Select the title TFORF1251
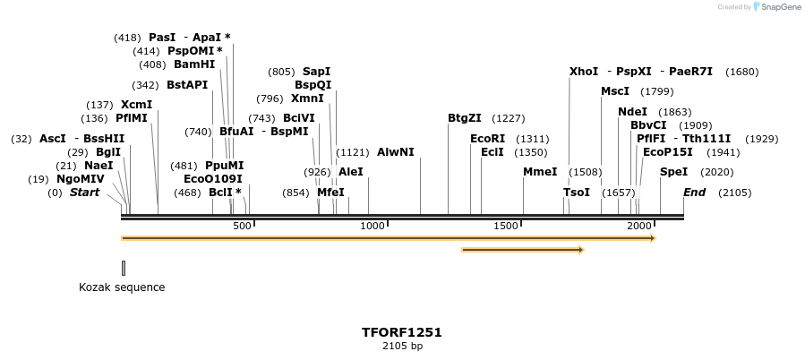(401, 332)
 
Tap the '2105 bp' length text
(401, 346)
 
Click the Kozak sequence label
(122, 287)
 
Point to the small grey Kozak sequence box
(124, 268)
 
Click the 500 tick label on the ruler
(242, 226)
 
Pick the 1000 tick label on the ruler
(373, 226)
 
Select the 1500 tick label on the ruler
(506, 226)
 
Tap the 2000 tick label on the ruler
(638, 226)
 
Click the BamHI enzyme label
(194, 64)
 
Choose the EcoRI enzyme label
(487, 139)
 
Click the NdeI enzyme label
(632, 112)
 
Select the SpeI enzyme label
(673, 172)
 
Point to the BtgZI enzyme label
(465, 118)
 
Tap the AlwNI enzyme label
(396, 152)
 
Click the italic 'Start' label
(84, 193)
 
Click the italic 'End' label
(694, 193)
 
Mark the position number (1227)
(508, 118)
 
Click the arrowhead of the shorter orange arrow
(580, 250)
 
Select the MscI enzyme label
(615, 91)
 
